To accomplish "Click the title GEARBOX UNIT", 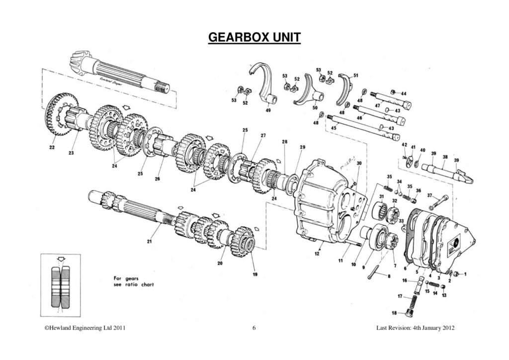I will tap(254, 38).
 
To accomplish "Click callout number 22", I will tap(52, 147).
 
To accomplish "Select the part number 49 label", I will tap(268, 110).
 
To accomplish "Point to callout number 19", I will tap(255, 274).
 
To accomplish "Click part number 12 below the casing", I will tap(317, 254).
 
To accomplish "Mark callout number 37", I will tap(429, 195).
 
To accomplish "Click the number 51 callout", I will tap(355, 75).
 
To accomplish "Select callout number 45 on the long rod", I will tap(334, 128).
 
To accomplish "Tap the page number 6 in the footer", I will tap(254, 329).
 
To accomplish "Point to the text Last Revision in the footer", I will tap(393, 329).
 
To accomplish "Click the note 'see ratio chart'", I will tap(133, 285).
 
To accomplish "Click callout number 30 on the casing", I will tap(359, 163).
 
